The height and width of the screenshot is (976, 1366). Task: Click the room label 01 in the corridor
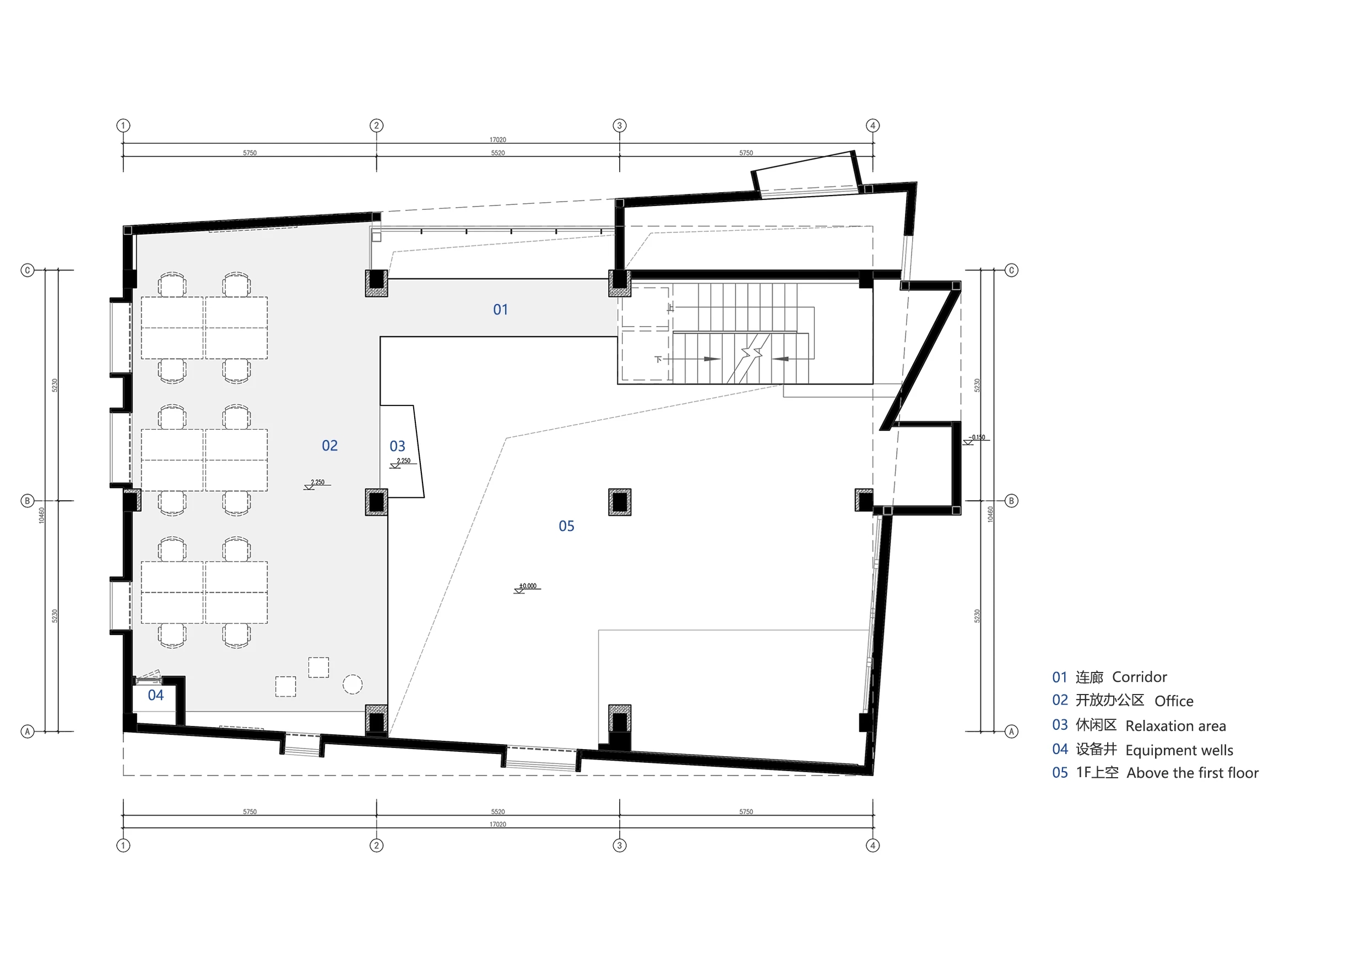[500, 310]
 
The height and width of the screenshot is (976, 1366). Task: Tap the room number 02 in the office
[329, 446]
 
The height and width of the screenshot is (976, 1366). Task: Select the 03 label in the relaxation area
[397, 446]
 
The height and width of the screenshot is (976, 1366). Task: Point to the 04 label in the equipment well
[156, 695]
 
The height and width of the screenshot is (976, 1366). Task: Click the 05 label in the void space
[566, 526]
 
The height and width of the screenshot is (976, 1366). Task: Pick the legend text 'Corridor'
[1139, 677]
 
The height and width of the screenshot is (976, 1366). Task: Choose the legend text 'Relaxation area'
[1175, 726]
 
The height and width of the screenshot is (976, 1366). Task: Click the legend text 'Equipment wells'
[1179, 750]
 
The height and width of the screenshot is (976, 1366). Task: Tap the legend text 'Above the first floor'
[1192, 773]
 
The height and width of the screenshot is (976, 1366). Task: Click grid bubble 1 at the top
[123, 126]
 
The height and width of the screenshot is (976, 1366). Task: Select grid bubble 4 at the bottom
[872, 845]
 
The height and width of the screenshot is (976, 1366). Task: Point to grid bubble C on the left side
[28, 270]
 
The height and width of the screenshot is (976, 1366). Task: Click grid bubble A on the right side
[1011, 731]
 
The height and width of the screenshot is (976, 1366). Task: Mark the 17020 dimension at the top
[497, 140]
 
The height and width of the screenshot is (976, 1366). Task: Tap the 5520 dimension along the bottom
[497, 811]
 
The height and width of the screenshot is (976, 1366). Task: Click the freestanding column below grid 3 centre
[620, 502]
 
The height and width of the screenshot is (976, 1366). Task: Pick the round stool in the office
[353, 684]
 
